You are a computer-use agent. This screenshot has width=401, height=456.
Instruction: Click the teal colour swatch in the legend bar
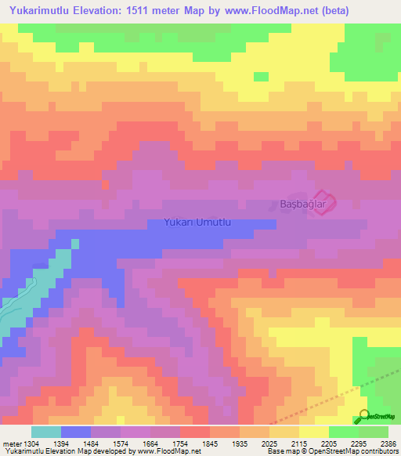tap(46, 432)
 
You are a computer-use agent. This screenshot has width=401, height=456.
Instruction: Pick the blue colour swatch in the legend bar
tap(76, 432)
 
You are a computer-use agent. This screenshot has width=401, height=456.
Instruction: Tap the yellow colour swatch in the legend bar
tap(314, 432)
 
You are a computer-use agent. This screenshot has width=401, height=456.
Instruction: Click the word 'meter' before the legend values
tap(12, 443)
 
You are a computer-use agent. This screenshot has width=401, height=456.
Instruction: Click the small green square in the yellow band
tap(261, 76)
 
